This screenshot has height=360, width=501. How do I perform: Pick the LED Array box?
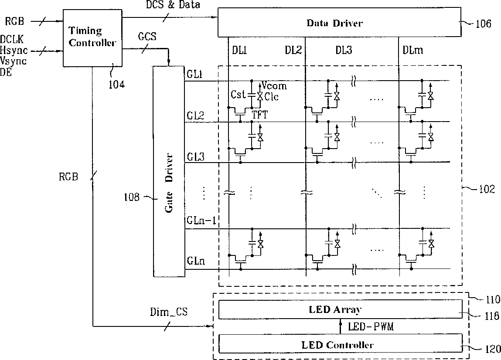340,310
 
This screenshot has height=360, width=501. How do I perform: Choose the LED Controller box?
340,344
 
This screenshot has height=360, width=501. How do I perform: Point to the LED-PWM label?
371,326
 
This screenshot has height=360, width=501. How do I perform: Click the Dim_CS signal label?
168,312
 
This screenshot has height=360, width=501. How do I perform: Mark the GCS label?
147,37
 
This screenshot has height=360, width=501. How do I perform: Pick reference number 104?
116,84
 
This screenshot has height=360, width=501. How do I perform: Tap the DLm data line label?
412,50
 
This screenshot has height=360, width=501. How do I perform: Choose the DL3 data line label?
344,50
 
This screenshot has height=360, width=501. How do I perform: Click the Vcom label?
274,86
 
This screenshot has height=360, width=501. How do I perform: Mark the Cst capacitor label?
239,95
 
